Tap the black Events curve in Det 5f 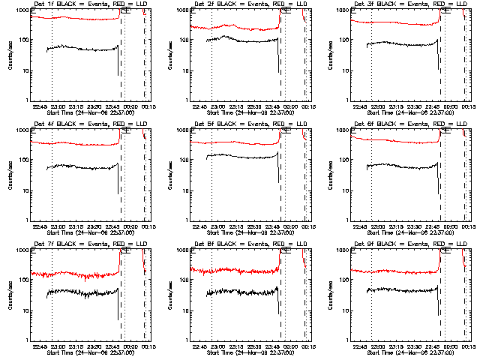(x=240, y=157)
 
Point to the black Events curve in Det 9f (x=405, y=289)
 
